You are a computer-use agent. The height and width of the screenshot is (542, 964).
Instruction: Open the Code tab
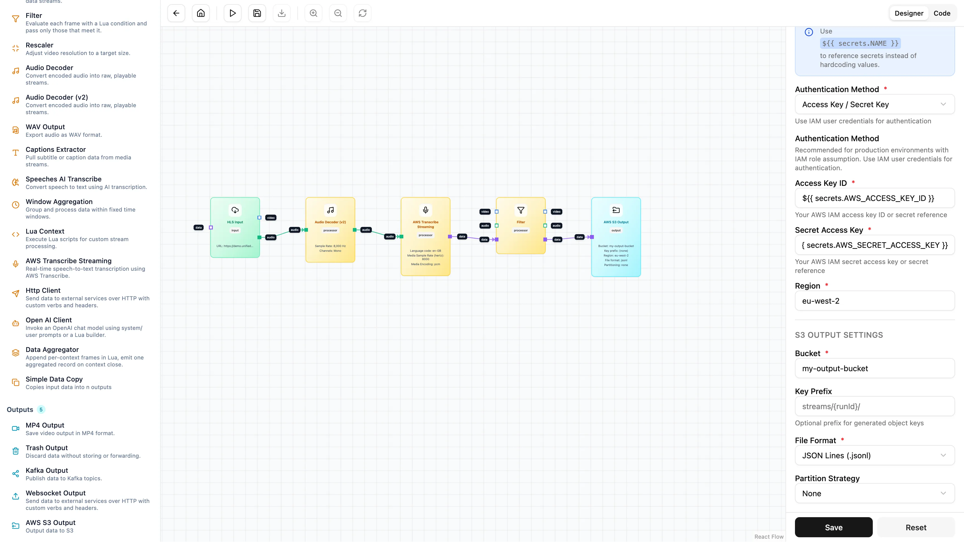942,13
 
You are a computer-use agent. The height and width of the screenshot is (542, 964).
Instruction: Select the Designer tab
908,13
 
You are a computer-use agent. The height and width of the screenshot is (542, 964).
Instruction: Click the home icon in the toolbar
201,13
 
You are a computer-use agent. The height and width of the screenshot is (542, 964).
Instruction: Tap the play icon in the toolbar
232,13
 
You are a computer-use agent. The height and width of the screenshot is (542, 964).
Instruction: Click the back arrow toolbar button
176,13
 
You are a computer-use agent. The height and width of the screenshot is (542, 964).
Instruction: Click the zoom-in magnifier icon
313,13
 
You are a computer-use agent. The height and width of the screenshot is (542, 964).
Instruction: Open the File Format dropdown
874,455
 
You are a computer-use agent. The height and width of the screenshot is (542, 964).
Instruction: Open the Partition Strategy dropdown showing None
874,493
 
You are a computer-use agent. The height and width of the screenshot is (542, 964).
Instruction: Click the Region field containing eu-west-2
874,301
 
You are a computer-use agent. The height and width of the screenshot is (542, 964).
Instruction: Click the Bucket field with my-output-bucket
874,368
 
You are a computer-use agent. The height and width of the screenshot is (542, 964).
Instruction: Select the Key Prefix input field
874,406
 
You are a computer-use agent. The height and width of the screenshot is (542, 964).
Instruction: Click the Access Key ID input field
874,198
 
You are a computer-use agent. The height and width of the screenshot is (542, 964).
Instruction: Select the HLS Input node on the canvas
235,227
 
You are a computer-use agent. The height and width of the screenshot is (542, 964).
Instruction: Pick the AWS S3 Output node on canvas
616,237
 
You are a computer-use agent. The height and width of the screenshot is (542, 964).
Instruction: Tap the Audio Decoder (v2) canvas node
330,229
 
